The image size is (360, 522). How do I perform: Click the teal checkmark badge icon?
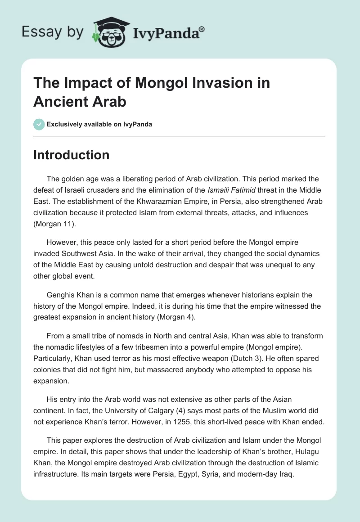coord(39,124)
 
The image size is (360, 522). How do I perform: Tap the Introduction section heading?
coord(71,155)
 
